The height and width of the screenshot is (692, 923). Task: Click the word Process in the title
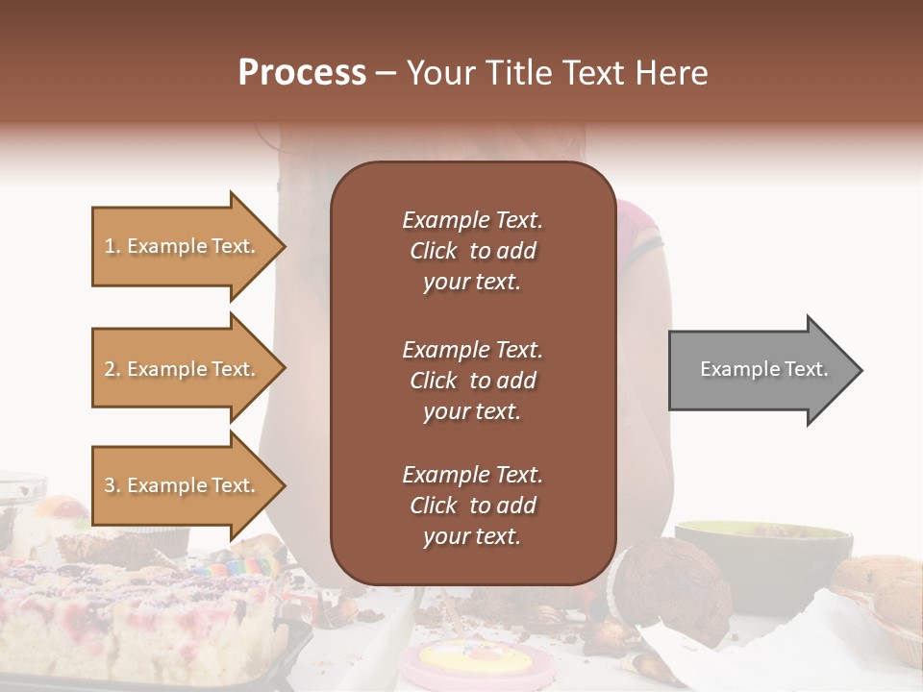[x=302, y=72]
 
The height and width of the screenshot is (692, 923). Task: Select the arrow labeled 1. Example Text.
[x=183, y=246]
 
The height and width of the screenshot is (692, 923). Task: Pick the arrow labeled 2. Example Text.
[x=183, y=369]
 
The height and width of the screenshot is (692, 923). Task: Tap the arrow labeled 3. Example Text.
[x=183, y=485]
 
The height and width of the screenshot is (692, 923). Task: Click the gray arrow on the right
[x=760, y=369]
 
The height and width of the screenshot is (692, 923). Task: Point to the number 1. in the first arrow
[x=112, y=246]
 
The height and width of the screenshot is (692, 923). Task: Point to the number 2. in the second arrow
[x=112, y=369]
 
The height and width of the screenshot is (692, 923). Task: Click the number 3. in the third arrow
[x=112, y=485]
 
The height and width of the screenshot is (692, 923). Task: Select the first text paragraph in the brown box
[x=472, y=251]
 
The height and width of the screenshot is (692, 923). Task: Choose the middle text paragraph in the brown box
[x=472, y=381]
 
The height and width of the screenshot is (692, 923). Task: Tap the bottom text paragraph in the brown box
[x=472, y=506]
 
